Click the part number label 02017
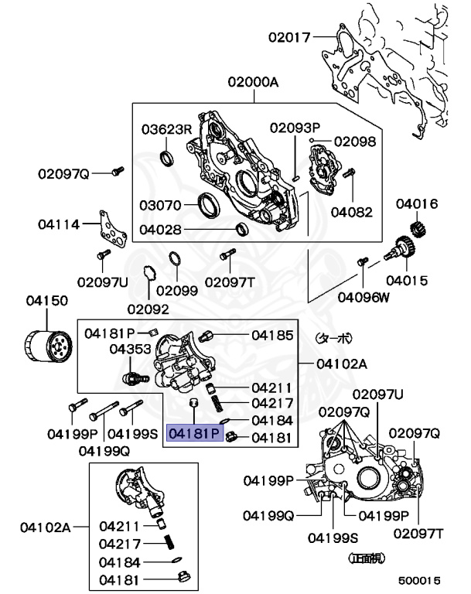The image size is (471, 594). point(289,37)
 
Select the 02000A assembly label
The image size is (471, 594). point(253,82)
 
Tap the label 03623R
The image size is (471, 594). point(167,129)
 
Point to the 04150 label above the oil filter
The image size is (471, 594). point(47,301)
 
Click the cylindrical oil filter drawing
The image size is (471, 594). point(48,346)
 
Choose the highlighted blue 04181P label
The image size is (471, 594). point(195,433)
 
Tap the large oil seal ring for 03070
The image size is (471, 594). point(210,205)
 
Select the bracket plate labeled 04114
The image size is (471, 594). point(113,229)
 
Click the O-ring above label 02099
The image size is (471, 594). point(175,259)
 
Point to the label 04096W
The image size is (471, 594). point(363,297)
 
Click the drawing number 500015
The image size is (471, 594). point(419,580)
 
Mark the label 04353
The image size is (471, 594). point(130,349)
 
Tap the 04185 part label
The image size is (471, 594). point(272,335)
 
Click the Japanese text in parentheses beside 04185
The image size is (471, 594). point(333,337)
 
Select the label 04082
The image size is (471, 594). point(352,212)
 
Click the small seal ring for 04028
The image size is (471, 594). point(242,229)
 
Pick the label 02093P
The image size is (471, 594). point(295,128)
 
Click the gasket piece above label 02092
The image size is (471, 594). point(148,274)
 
